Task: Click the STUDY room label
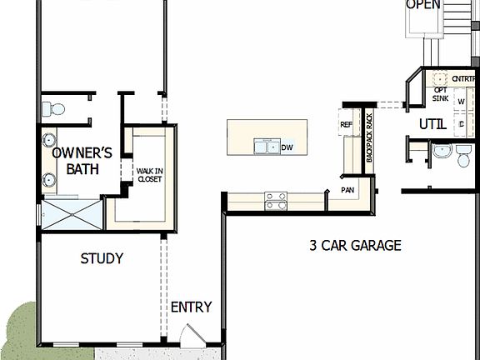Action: pos(102,258)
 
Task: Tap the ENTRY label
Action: pos(191,307)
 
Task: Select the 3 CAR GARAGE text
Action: pos(355,246)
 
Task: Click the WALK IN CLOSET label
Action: pos(149,174)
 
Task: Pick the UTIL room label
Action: pos(432,124)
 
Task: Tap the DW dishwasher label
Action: pos(287,147)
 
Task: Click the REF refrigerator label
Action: pos(347,125)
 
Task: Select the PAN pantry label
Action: pos(347,190)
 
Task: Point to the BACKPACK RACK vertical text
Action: pos(370,133)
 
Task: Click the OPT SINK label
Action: pos(440,93)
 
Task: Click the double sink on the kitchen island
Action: pos(267,147)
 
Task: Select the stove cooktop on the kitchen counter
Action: pos(276,200)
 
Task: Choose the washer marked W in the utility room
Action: pos(460,102)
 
